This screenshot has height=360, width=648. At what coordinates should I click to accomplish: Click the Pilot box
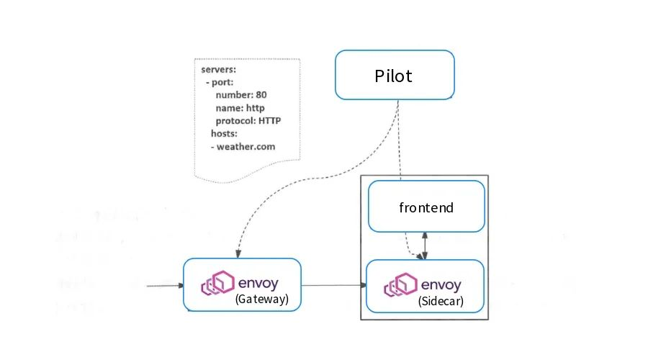pyautogui.click(x=394, y=75)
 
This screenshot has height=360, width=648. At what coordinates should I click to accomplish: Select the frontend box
pyautogui.click(x=426, y=207)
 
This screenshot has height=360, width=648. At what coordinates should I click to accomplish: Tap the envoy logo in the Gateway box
pyautogui.click(x=217, y=283)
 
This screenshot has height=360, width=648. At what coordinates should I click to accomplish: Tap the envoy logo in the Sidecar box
pyautogui.click(x=400, y=285)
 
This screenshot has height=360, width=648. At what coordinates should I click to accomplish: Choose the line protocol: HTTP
pyautogui.click(x=248, y=120)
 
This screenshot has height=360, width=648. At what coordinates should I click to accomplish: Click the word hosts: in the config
pyautogui.click(x=225, y=133)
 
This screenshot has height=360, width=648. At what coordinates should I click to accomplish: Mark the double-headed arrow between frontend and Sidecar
pyautogui.click(x=426, y=246)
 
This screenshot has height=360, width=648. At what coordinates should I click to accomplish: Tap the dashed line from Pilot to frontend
pyautogui.click(x=399, y=144)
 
